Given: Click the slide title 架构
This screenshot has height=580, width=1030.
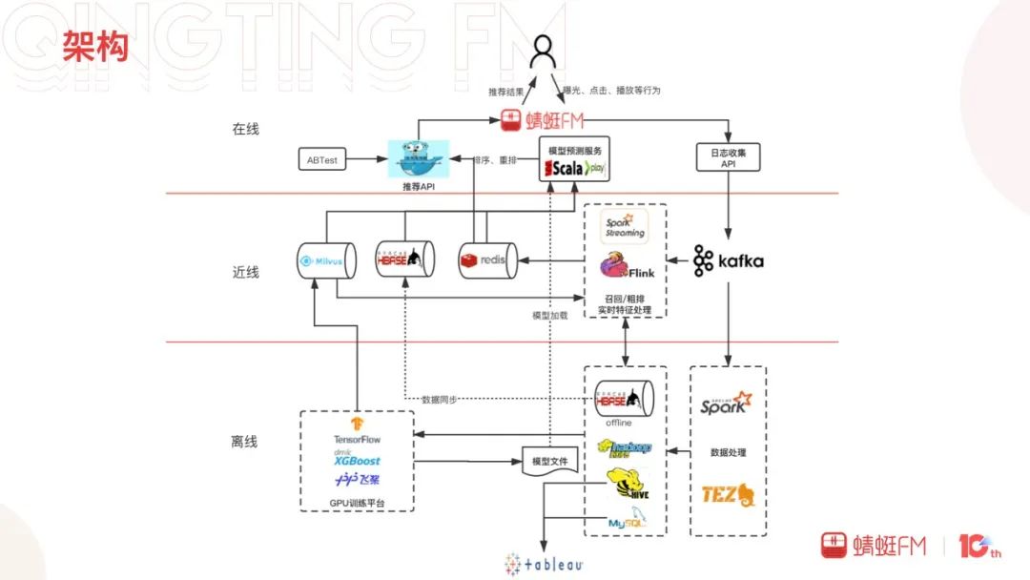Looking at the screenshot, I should click(x=95, y=46).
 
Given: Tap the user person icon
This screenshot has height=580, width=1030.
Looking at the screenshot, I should click(x=543, y=52).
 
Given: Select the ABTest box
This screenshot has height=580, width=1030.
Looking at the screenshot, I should click(x=321, y=160).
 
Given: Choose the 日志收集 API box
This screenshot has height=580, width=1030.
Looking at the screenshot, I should click(x=730, y=156).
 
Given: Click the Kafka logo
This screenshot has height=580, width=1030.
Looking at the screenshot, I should click(x=729, y=260).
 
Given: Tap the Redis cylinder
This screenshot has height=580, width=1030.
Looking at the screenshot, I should click(x=487, y=260).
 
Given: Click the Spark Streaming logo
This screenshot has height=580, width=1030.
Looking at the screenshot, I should click(x=626, y=227).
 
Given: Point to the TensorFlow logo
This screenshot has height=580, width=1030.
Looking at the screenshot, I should click(x=357, y=430).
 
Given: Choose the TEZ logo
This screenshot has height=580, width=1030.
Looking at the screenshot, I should click(x=728, y=493).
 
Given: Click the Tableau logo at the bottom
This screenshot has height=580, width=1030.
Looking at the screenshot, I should click(x=544, y=563).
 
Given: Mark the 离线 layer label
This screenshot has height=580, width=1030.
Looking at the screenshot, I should click(x=245, y=442).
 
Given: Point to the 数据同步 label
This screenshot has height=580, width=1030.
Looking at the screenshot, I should click(x=439, y=399).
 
